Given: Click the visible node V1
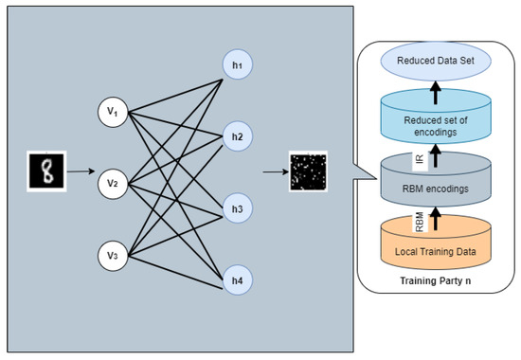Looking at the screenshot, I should [112, 113].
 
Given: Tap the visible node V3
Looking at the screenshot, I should [112, 253].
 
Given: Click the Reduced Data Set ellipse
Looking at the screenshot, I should [437, 61].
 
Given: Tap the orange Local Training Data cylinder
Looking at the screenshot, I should [437, 248].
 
